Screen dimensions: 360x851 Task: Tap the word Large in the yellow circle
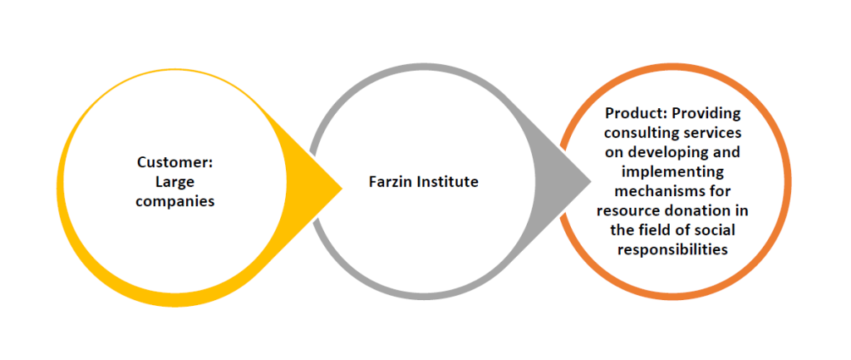pos(174,181)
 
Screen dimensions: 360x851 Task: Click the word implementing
pos(672,171)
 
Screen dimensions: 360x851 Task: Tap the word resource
pos(631,210)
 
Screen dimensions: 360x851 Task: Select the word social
pos(716,229)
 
